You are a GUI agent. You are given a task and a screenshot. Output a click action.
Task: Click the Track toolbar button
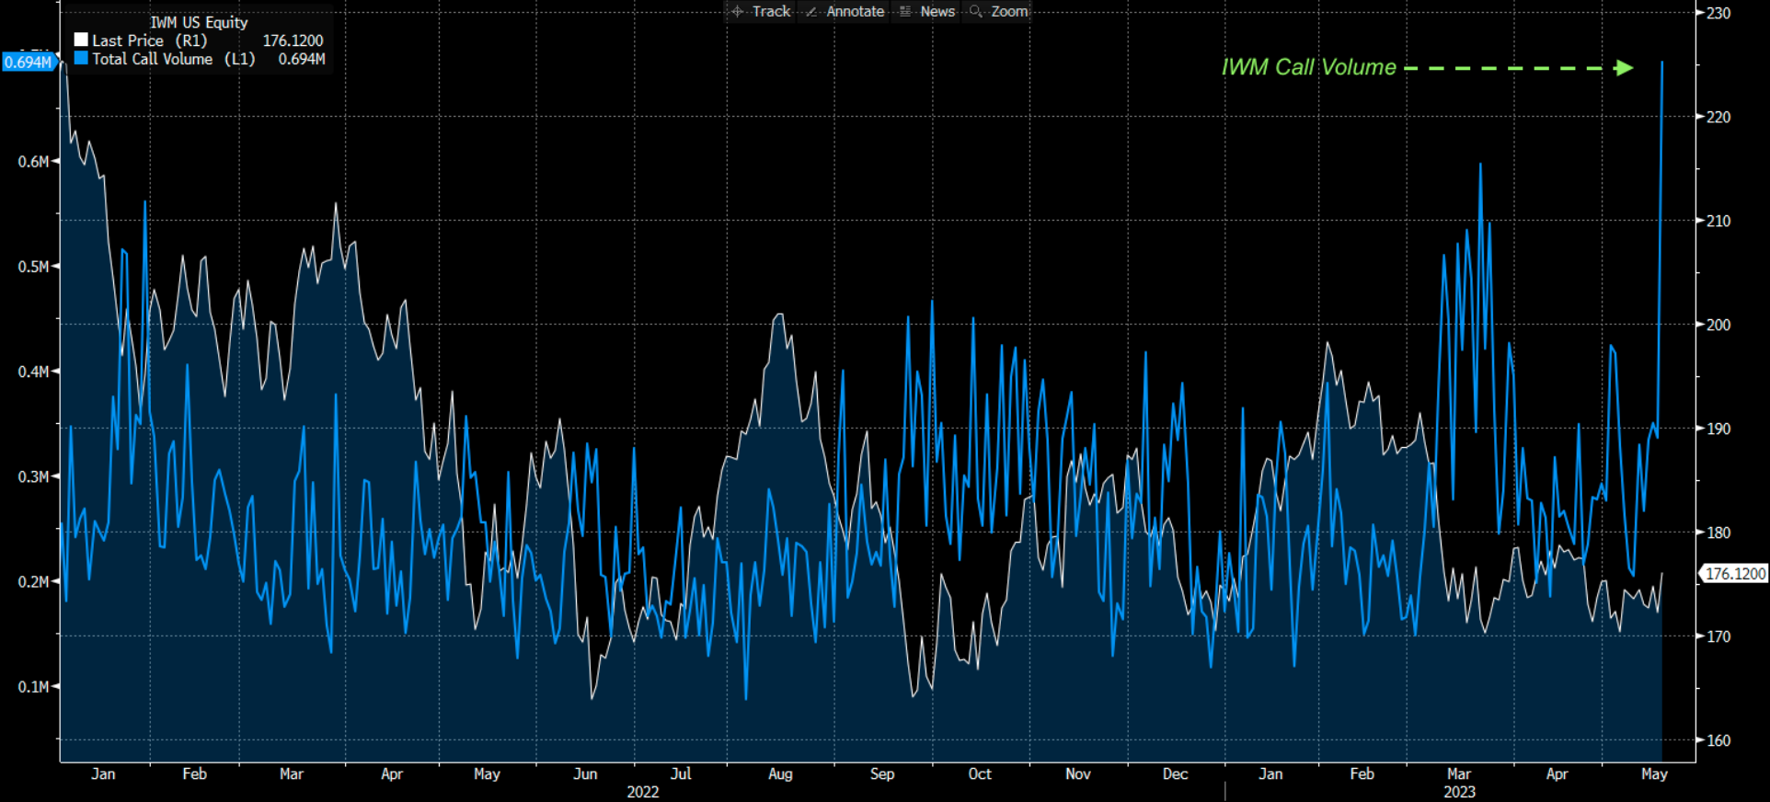[761, 11]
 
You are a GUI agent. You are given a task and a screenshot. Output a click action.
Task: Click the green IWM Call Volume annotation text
[1308, 67]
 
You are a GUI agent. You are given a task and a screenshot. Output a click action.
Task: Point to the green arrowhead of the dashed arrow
[1625, 68]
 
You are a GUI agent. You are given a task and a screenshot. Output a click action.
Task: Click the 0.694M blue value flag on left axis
[29, 63]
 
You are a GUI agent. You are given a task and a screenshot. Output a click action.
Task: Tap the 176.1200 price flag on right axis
[1735, 574]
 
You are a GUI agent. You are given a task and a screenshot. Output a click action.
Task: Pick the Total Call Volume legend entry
[152, 59]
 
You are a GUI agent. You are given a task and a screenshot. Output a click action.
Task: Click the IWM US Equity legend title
[199, 22]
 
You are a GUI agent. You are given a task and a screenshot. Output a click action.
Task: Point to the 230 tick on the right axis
[1718, 13]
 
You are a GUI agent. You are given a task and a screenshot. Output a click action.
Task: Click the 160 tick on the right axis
[1718, 740]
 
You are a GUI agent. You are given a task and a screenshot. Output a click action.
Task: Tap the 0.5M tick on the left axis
[33, 267]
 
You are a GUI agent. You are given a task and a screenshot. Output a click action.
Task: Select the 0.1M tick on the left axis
[33, 687]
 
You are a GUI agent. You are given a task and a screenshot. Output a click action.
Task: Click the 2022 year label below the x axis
[642, 792]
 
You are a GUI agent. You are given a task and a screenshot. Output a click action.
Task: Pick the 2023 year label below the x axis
[1458, 792]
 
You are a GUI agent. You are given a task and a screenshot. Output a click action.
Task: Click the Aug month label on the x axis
[780, 773]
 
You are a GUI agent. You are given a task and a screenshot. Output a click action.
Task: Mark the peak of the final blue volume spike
[1661, 63]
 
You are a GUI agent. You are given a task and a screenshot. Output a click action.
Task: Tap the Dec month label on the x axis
[1175, 773]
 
